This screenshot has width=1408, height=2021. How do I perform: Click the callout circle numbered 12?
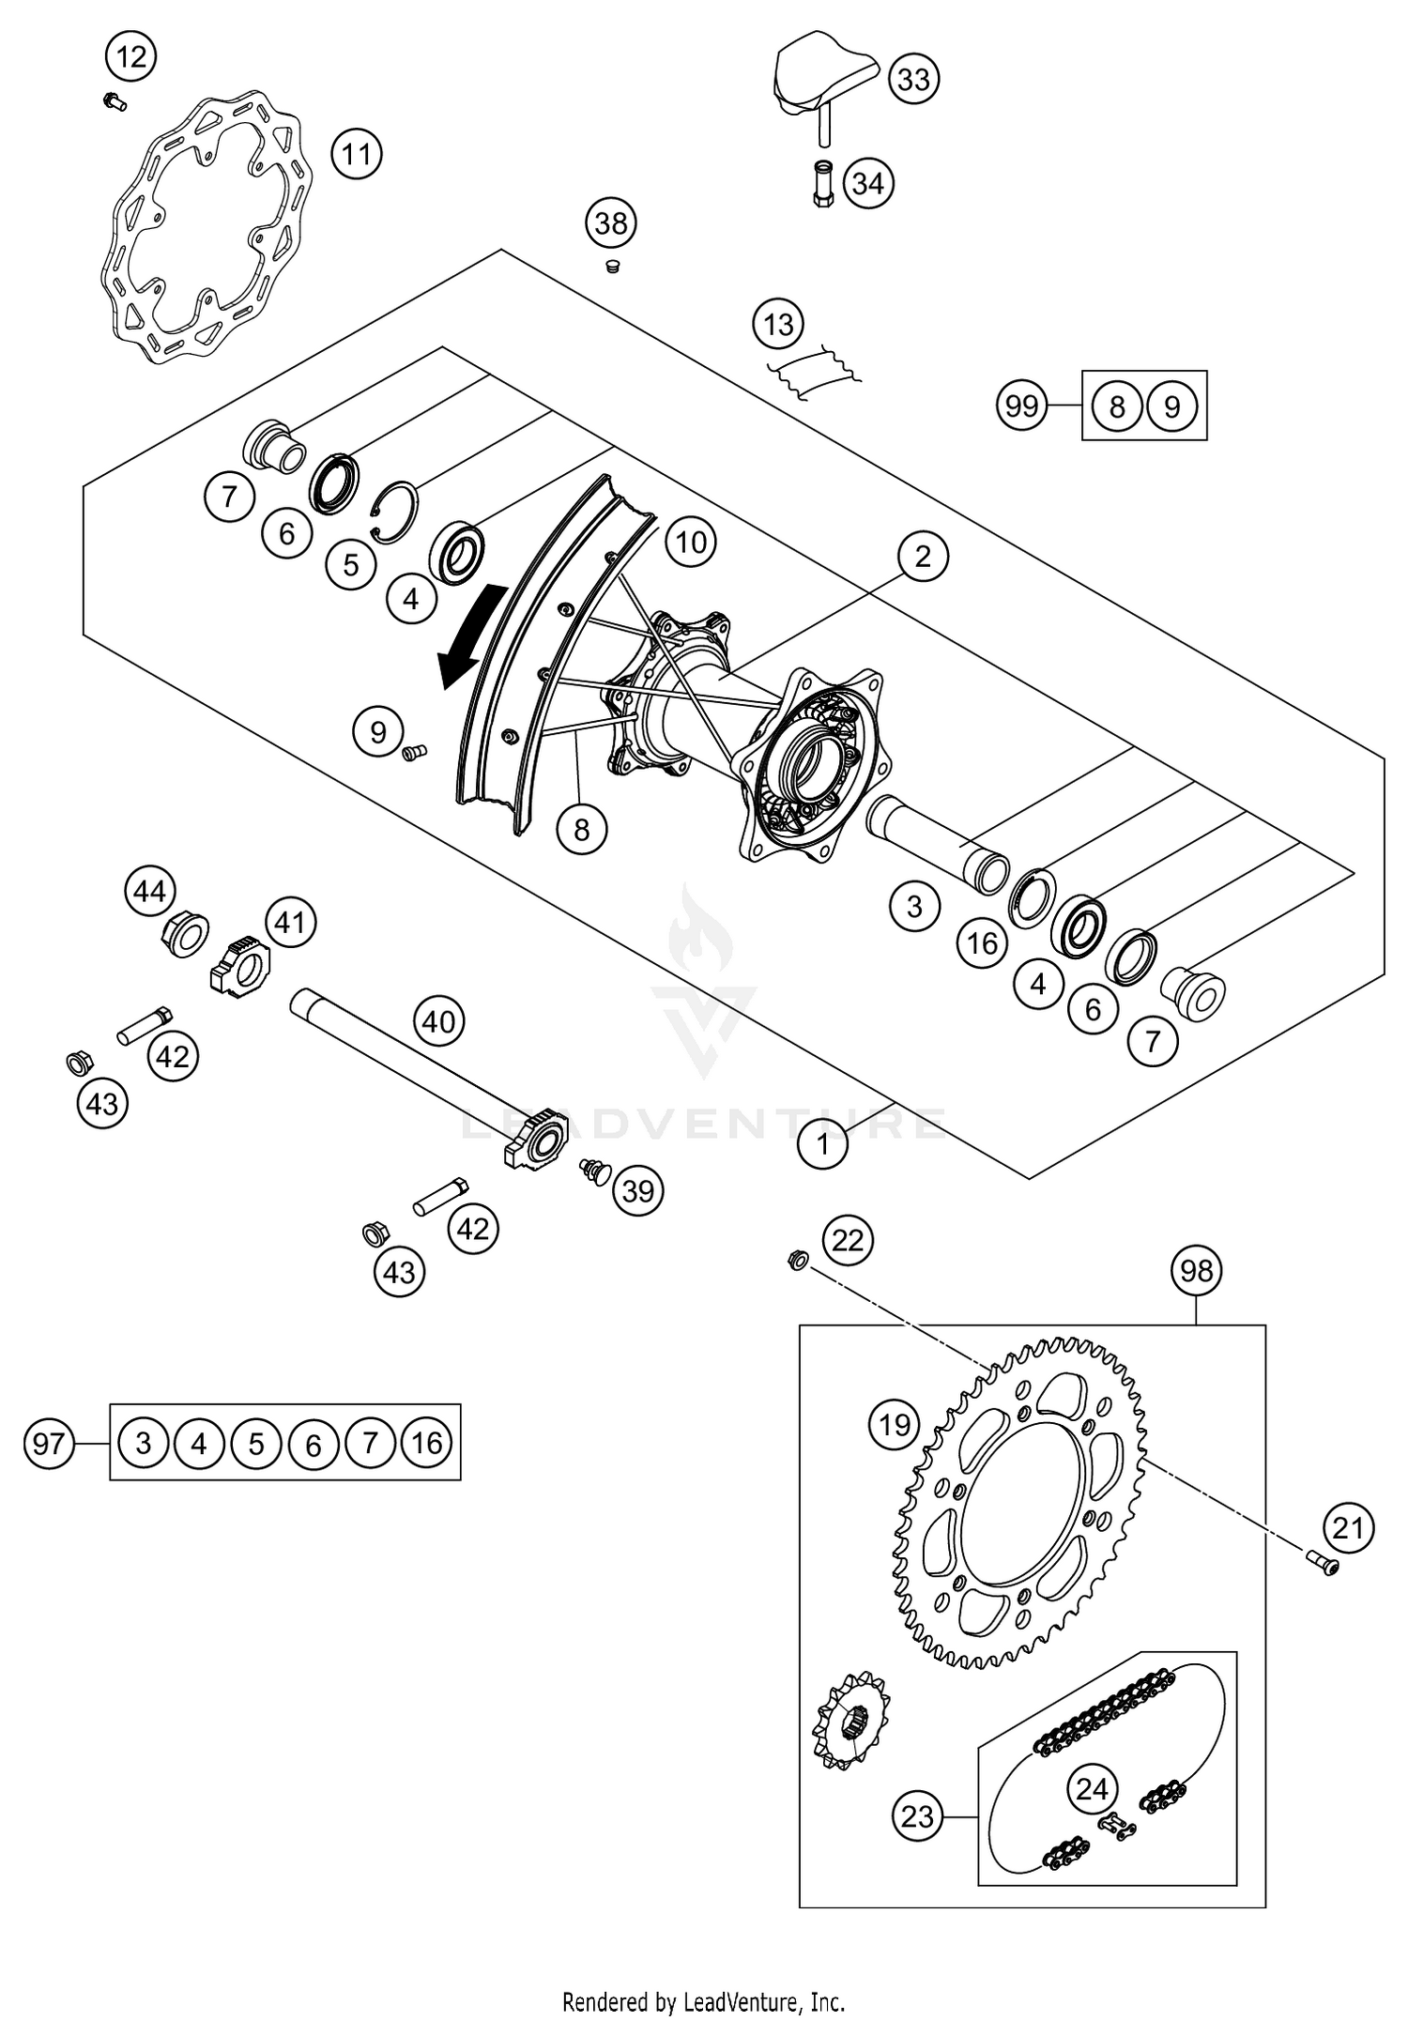(131, 58)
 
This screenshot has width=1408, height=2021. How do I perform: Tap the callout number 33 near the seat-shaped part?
(913, 80)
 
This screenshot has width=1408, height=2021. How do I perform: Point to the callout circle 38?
(611, 223)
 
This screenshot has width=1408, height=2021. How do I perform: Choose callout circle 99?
(1021, 406)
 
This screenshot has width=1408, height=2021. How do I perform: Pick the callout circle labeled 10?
(691, 543)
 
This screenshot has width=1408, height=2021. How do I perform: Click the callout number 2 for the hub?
(923, 557)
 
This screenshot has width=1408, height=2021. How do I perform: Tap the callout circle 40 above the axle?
(438, 1021)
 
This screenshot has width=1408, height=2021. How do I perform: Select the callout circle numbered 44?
(150, 892)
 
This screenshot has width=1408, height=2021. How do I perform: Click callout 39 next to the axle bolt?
(638, 1191)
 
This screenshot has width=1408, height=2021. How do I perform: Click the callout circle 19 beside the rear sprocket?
(894, 1425)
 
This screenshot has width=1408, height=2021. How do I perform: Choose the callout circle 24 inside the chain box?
(1093, 1789)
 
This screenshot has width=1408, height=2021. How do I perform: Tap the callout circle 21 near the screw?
(1349, 1529)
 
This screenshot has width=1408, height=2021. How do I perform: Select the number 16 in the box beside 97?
(427, 1442)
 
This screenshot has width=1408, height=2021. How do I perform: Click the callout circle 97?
(49, 1442)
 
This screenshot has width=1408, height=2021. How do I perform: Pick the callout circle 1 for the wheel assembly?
(823, 1144)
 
